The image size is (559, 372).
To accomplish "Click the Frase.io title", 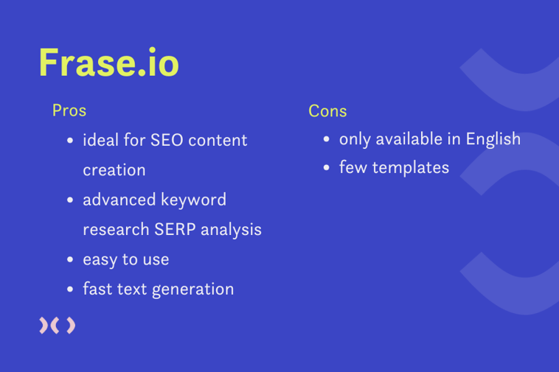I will (108, 63).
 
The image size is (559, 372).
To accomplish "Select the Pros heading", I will (69, 110).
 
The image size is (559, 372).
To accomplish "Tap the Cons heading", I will (327, 111).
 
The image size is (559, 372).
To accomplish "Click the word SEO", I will (167, 140).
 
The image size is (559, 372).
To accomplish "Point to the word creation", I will (114, 170).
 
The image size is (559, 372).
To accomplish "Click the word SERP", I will (175, 230).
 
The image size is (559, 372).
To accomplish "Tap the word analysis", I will (230, 230).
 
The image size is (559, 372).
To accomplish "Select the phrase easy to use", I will (125, 260).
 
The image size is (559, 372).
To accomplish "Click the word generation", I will (193, 289).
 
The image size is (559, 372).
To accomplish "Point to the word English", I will (493, 139).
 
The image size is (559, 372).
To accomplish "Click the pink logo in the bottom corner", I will (57, 326).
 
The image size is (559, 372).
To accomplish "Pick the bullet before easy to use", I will (69, 260).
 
